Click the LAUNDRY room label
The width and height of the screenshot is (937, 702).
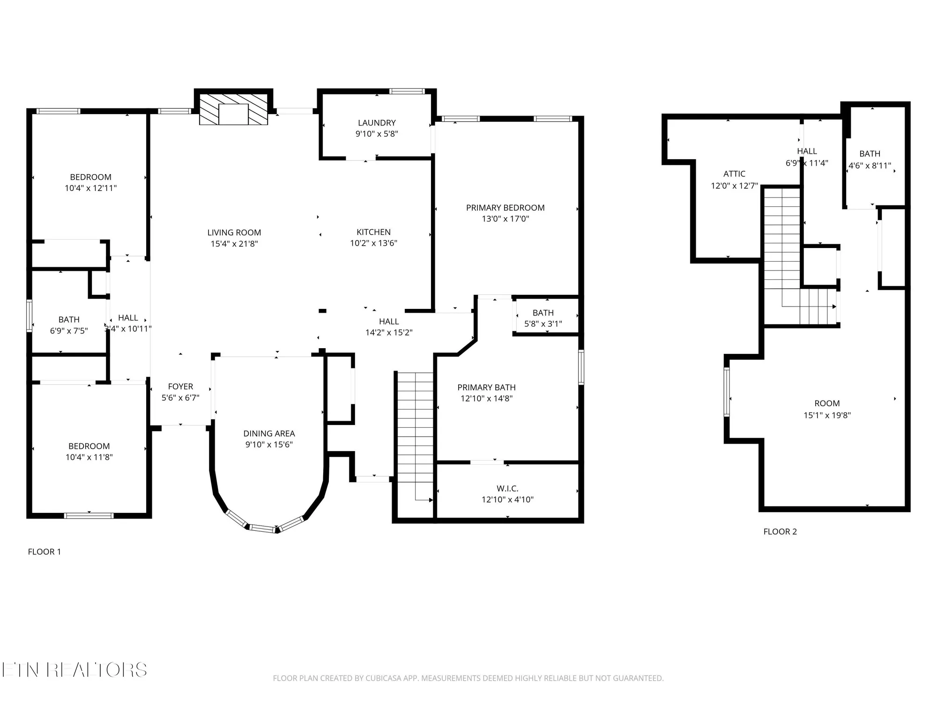point(377,123)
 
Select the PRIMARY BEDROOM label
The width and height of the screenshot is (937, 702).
point(505,208)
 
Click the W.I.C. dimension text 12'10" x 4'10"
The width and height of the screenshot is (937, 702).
point(507,500)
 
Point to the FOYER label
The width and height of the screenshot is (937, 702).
point(180,387)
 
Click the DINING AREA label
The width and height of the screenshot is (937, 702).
point(269,434)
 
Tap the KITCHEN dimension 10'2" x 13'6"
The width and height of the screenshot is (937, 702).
point(373,243)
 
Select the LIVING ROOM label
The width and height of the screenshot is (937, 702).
point(234,233)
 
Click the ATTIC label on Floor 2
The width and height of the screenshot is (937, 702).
point(734,174)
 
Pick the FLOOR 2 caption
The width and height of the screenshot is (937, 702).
point(780,532)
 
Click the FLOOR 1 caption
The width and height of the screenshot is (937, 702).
point(44,552)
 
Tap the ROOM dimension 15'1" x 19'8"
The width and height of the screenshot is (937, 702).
point(827,415)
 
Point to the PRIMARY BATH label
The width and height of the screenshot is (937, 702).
point(486,388)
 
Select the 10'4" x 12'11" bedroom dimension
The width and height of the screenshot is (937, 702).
point(90,188)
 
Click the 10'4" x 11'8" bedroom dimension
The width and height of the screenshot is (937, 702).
point(89,457)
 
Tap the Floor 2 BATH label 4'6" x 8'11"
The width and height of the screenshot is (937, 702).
point(870,154)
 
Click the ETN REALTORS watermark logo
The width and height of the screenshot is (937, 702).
point(74,670)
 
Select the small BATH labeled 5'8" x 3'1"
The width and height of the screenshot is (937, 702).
point(543,313)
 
